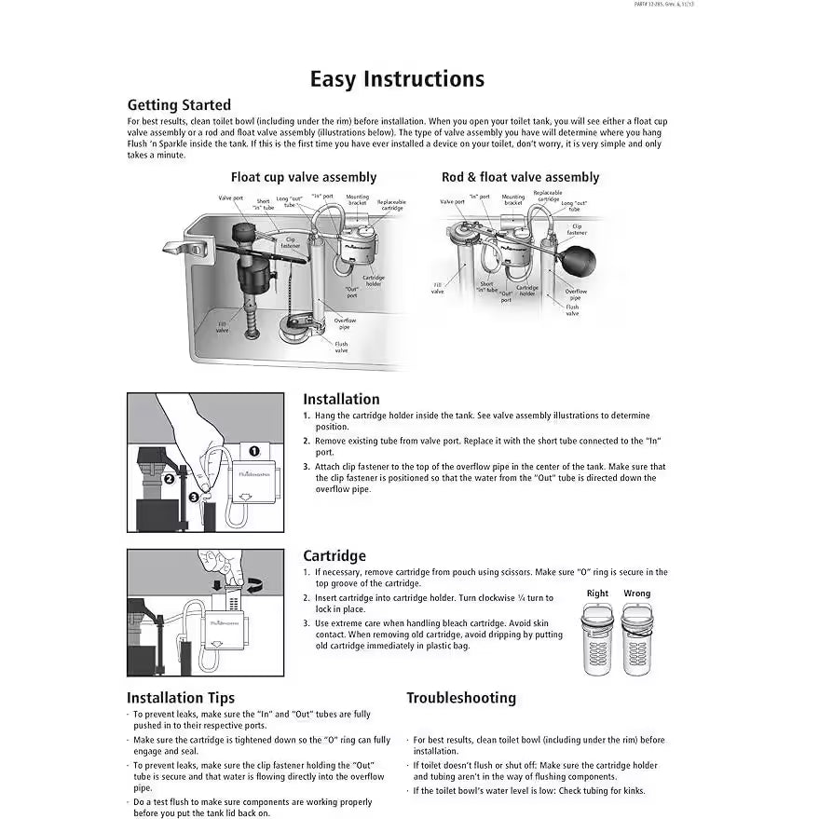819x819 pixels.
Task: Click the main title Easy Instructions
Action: coord(397,79)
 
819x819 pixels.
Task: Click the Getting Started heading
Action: coord(179,105)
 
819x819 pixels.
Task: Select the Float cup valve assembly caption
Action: coord(304,177)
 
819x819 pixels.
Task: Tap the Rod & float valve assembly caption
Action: coord(520,177)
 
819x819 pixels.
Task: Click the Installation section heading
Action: coord(341,399)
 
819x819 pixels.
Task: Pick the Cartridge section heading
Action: coord(334,556)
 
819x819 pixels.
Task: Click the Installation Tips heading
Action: coord(181,697)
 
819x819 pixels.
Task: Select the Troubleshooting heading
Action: coord(460,697)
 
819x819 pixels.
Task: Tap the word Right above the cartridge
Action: coord(597,594)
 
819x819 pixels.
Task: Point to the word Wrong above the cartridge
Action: coord(637,594)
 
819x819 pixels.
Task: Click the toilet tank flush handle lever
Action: coord(182,247)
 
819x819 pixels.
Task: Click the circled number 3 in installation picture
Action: coord(193,498)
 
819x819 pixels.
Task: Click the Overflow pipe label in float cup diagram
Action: coord(345,323)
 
